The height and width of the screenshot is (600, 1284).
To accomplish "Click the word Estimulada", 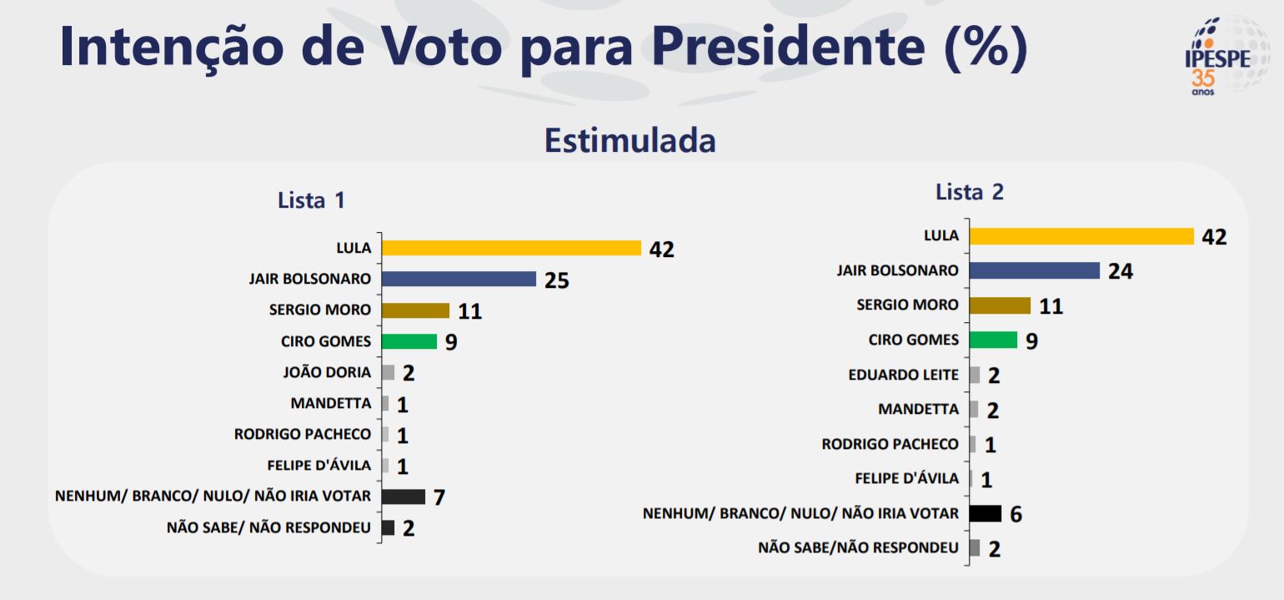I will [629, 140].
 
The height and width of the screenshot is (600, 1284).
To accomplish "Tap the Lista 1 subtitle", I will [311, 200].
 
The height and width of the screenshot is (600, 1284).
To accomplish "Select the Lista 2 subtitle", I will [970, 192].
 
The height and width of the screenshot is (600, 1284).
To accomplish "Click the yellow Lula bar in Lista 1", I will [511, 248].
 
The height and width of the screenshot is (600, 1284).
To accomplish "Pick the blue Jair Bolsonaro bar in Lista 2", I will [1035, 270].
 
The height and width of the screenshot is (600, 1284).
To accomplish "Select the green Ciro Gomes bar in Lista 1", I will [409, 341].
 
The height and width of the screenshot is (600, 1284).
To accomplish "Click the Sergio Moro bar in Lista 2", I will [1000, 305].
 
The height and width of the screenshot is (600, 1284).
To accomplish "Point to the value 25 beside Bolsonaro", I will [556, 280].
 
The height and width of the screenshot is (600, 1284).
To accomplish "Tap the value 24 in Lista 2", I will [1121, 271].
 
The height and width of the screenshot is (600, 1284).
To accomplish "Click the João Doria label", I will [328, 373].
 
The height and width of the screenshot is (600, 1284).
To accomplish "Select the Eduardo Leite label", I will [903, 375].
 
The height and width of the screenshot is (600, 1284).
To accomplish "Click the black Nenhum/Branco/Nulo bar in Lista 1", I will [404, 497].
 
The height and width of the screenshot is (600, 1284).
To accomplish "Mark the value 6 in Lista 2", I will [1016, 514].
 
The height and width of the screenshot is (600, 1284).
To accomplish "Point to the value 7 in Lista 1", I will [439, 498].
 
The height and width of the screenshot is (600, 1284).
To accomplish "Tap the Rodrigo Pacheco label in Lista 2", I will [890, 445].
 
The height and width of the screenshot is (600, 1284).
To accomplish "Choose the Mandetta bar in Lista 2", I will [974, 410].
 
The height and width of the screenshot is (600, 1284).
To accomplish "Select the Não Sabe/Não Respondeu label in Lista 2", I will [858, 548].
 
